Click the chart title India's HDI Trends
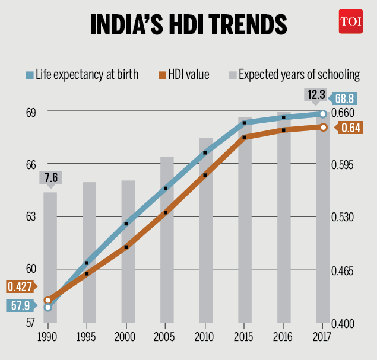pos(188,25)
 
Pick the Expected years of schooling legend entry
pos(294,74)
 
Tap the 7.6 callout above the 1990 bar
pos(49,177)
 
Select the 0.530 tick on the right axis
pos(342,217)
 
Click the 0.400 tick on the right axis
pos(342,324)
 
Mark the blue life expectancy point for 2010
pos(205,152)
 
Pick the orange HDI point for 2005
pos(166,212)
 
